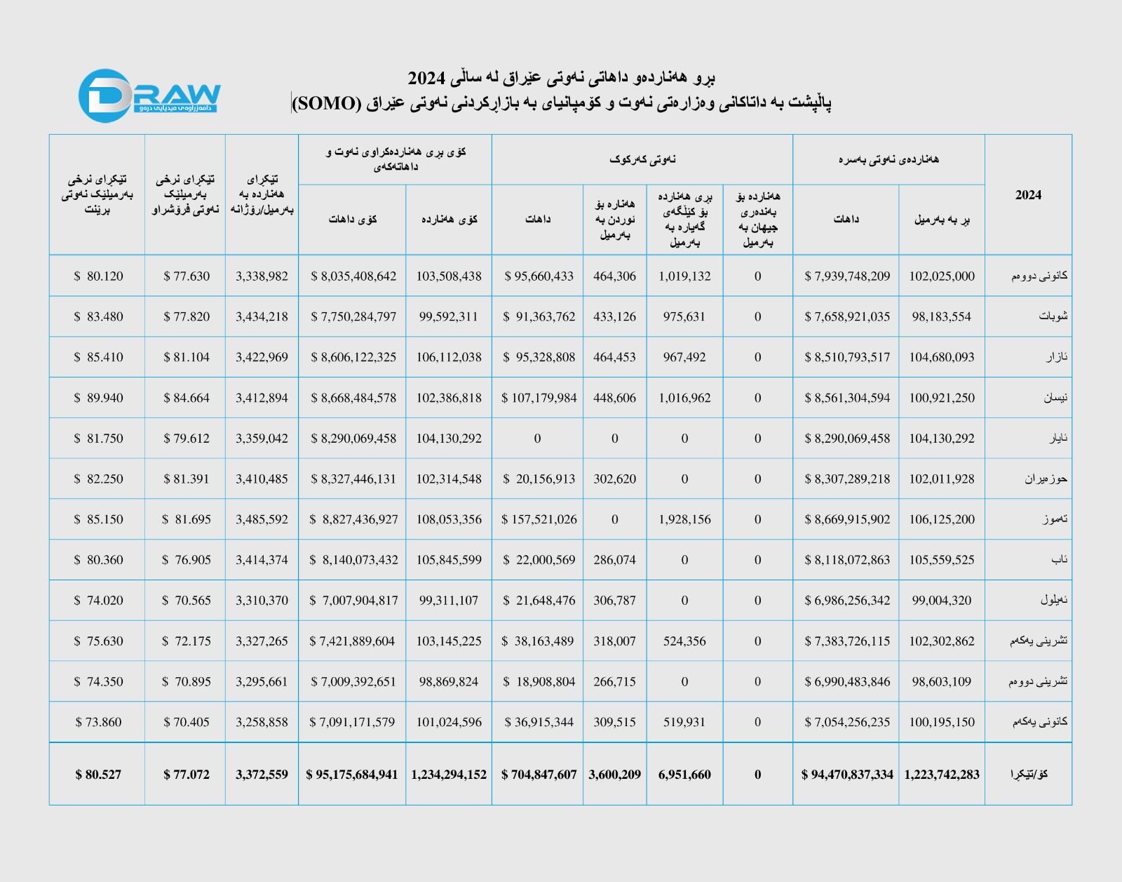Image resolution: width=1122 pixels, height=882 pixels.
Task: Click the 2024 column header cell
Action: click(x=1028, y=195)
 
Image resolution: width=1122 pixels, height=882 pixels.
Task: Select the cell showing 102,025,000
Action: click(x=942, y=276)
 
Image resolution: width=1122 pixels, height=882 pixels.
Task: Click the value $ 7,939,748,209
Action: click(x=847, y=276)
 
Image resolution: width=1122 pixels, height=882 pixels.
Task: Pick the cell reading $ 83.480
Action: click(x=98, y=316)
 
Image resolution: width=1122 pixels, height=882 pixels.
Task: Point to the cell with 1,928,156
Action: click(x=684, y=519)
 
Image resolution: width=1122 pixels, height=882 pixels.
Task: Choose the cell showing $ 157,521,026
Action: click(x=539, y=519)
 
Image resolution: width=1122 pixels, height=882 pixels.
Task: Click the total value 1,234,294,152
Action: click(x=449, y=775)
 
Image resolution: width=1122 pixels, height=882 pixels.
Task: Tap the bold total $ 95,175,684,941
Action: click(x=352, y=775)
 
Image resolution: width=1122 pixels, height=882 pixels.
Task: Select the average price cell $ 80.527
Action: click(x=98, y=775)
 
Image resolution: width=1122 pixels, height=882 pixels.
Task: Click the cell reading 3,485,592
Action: click(x=262, y=519)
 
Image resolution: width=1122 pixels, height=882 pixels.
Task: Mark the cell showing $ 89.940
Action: click(x=98, y=398)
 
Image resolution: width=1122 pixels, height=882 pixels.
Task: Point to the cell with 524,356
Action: click(x=684, y=641)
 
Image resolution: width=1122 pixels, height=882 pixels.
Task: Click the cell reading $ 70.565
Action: click(x=186, y=601)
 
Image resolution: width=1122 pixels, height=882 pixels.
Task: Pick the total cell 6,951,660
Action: click(x=684, y=775)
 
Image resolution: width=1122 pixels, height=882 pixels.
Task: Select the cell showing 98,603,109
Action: click(x=942, y=681)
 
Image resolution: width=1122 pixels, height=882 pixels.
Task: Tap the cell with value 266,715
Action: click(x=614, y=681)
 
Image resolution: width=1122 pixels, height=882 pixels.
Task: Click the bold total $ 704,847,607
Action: click(x=539, y=775)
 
